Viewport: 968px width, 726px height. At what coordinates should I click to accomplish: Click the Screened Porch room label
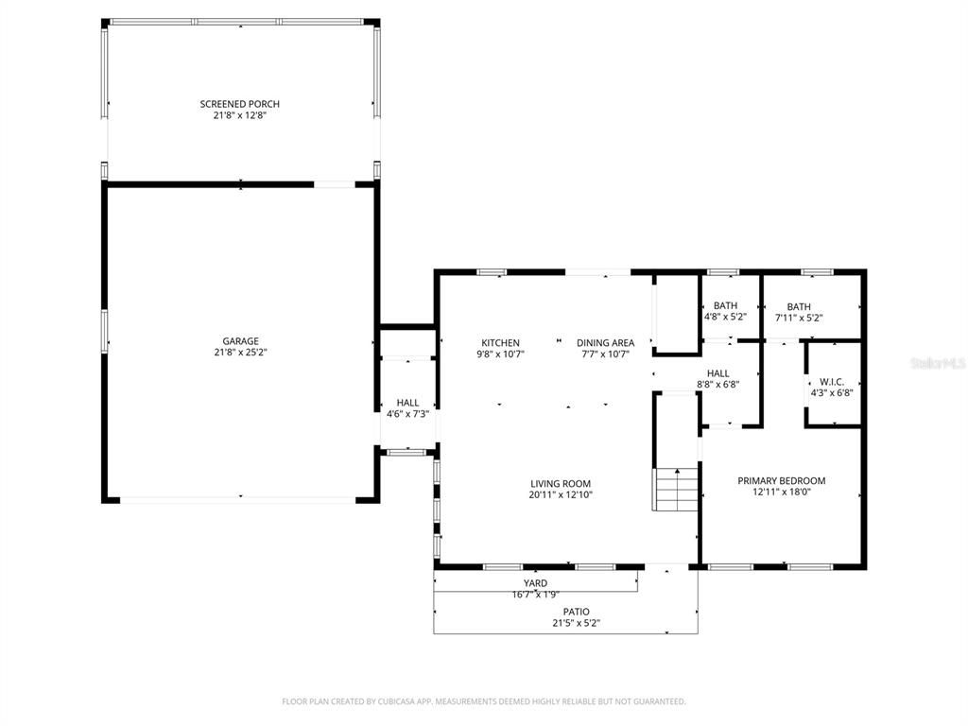pos(239,104)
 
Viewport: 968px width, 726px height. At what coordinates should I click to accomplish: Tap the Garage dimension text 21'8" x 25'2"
pos(240,353)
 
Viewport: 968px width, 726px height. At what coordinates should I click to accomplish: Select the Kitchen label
pos(500,342)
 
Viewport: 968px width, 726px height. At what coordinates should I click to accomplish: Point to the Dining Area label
pos(605,342)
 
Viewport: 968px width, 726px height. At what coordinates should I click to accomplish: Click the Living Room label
pos(560,483)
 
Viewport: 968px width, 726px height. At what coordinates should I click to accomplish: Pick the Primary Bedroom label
pos(781,480)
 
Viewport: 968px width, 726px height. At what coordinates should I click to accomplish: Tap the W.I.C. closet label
pos(832,382)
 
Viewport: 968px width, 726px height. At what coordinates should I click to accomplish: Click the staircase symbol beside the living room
pos(676,489)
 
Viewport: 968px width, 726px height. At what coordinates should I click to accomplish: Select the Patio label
pos(576,612)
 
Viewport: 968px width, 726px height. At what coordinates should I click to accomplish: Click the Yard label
pos(535,583)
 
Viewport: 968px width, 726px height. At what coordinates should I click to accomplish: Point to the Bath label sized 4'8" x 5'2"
pos(725,305)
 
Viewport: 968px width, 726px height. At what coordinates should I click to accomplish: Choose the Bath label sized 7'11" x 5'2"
pos(799,306)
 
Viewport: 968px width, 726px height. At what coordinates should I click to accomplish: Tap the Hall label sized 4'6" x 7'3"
pos(407,403)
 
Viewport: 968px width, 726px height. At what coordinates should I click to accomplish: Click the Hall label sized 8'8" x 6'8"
pos(717,373)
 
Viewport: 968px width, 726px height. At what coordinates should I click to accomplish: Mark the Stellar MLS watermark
pos(936,362)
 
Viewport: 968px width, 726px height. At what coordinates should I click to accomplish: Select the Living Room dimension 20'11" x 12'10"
pos(560,494)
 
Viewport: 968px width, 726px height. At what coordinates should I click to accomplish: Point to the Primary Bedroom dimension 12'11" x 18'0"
pos(781,492)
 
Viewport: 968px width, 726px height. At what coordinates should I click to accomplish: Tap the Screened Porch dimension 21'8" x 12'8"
pos(239,115)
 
